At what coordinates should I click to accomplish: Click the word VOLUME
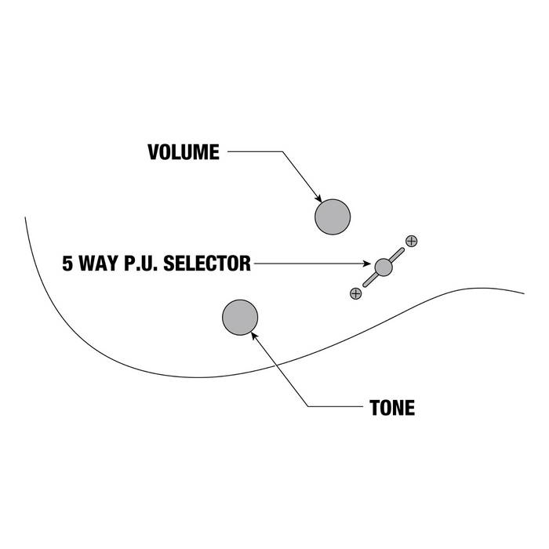click(x=184, y=152)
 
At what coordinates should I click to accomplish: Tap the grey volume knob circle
click(x=333, y=216)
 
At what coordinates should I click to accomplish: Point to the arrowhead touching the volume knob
click(x=318, y=198)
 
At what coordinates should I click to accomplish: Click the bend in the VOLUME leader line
click(x=280, y=152)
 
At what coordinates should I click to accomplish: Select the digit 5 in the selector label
click(x=68, y=264)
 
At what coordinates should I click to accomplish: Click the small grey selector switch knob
click(x=383, y=267)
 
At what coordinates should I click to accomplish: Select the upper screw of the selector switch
click(x=411, y=241)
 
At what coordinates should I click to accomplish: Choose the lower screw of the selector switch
click(x=355, y=293)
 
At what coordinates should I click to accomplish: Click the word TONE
click(x=392, y=409)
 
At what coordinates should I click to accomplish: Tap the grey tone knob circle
click(x=240, y=317)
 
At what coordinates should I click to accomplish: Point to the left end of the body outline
click(x=25, y=216)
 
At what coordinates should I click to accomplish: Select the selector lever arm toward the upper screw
click(x=396, y=255)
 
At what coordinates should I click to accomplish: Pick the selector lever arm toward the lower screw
click(x=369, y=280)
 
